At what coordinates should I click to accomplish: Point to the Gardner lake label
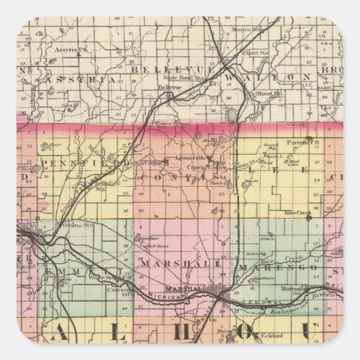click(x=139, y=239)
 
